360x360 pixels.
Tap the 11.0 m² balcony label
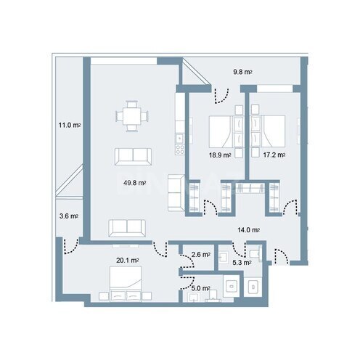point(69,126)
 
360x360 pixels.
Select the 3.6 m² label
point(68,216)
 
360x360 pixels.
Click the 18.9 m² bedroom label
point(220,155)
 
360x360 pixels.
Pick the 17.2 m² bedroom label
point(274,155)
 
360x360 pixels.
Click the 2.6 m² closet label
point(200,255)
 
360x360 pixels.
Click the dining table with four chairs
point(131,117)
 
